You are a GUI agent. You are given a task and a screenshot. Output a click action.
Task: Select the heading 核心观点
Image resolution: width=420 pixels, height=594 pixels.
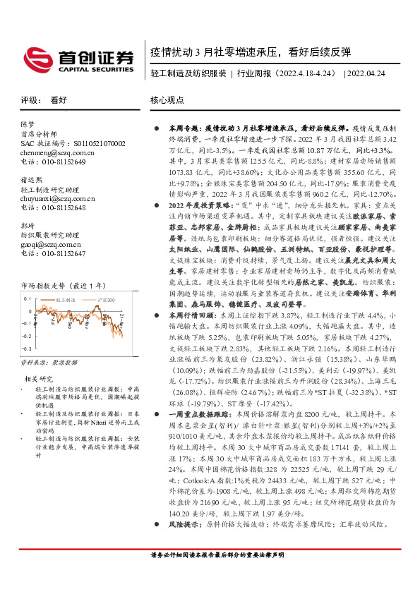[166, 100]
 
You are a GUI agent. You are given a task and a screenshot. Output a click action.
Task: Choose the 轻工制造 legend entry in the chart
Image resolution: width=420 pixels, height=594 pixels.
[66, 301]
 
